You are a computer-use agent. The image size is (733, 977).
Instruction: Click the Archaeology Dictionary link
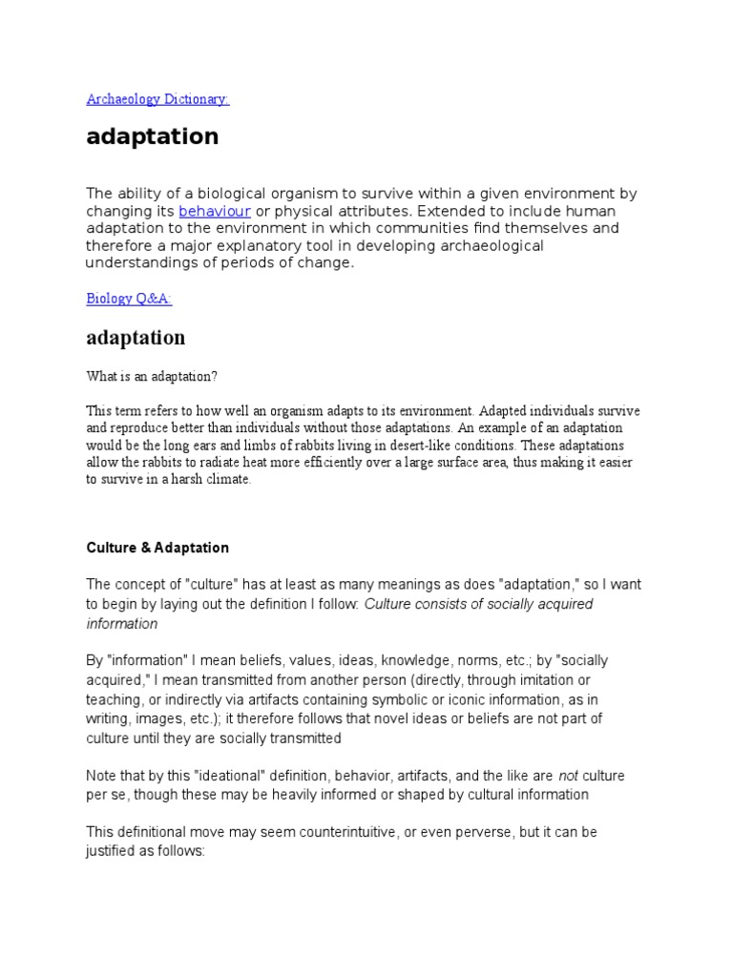point(157,99)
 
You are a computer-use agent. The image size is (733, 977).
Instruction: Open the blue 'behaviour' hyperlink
point(215,211)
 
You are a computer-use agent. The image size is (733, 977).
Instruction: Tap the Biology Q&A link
point(129,299)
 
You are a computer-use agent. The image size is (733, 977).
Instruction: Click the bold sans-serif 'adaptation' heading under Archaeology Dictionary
point(153,136)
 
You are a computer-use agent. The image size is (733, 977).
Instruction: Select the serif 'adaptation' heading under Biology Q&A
point(136,338)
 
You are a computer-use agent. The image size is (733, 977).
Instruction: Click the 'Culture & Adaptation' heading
point(157,548)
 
